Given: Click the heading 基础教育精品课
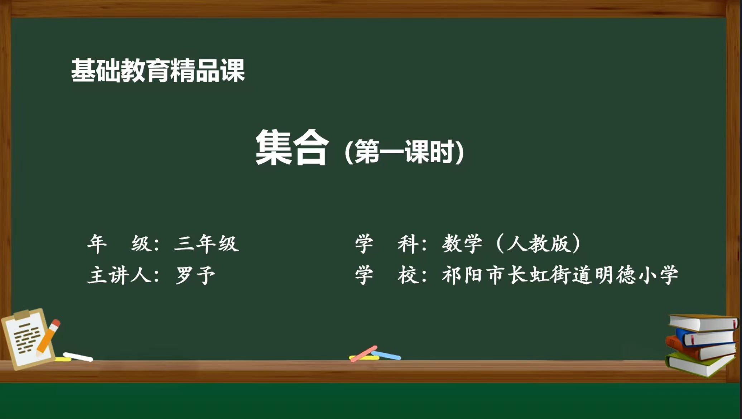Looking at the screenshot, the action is pos(158,71).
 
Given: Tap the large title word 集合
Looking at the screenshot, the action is pos(291,147).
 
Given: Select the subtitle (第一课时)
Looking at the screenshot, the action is pos(404,151).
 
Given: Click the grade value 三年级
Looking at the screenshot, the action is pos(206,244).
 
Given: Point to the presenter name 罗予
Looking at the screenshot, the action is pos(196,275).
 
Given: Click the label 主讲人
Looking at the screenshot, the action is pos(119,275).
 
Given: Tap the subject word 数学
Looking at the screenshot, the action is pos(462,244).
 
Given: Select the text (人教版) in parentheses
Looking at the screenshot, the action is pos(539,244).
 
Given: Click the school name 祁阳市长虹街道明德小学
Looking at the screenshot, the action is pos(560,275).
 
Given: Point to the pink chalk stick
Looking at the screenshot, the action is pos(363,354).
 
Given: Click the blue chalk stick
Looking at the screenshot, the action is pos(386,355).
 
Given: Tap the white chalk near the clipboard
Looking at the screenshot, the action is pos(78,357).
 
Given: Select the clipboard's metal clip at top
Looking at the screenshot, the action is pos(22,315).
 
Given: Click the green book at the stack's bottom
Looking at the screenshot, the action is pos(698,364).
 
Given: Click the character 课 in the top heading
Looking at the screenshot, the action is pos(233,71).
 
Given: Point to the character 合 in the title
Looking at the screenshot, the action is pos(310,148).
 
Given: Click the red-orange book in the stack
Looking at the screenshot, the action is pos(700,349).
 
